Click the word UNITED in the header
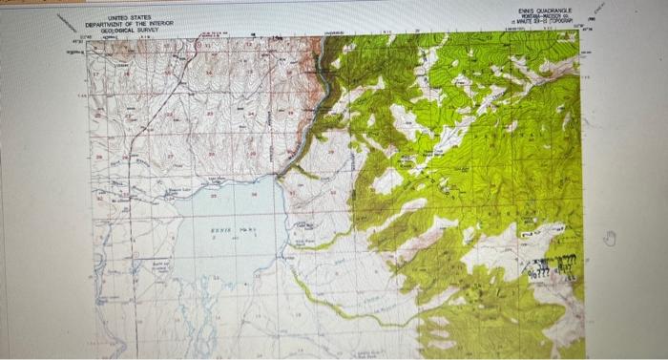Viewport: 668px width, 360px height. (119, 18)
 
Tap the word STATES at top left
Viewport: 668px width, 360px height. (142, 18)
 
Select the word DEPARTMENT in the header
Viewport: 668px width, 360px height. (106, 24)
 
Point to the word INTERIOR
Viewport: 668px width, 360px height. (167, 24)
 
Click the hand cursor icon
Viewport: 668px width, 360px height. (612, 238)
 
